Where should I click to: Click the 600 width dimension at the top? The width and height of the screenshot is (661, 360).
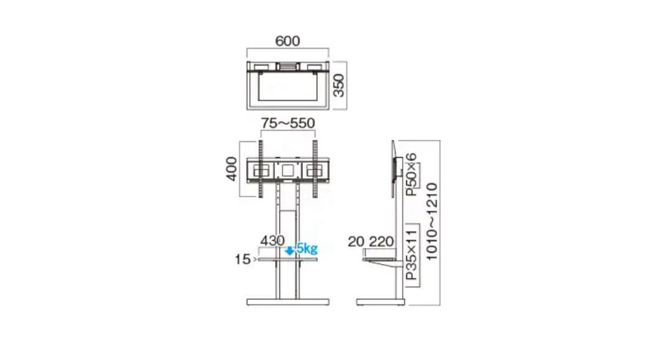(288, 41)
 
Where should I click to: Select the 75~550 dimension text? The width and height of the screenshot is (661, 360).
(288, 123)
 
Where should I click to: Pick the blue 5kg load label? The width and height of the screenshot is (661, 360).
(307, 249)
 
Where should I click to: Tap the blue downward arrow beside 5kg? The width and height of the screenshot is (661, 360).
(290, 249)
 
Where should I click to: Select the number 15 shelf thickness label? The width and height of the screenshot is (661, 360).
(242, 260)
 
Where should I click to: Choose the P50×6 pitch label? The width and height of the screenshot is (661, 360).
(412, 174)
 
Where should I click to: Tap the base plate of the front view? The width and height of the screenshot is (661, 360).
(288, 302)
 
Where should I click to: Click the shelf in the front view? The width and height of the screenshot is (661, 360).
(288, 260)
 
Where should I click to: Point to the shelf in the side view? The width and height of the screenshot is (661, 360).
(379, 260)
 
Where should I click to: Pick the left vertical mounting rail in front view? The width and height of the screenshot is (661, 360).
(260, 169)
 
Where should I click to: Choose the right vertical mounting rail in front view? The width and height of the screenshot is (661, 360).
(315, 169)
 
